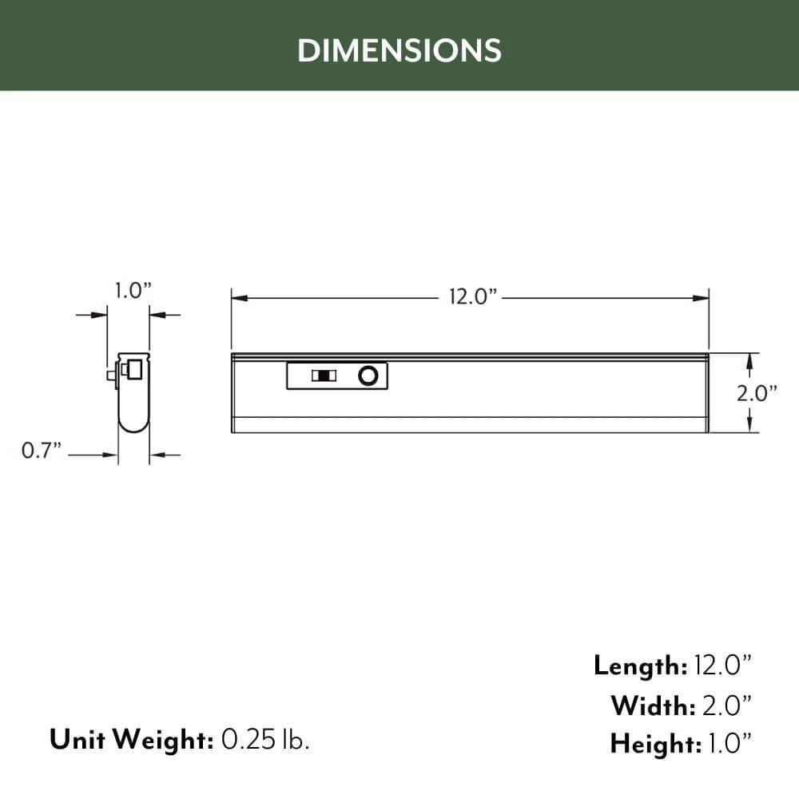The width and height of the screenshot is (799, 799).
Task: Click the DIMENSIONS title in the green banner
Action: tap(399, 50)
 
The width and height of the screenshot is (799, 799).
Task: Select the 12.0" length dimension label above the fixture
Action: tap(473, 297)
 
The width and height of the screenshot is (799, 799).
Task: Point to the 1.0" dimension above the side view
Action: tap(132, 289)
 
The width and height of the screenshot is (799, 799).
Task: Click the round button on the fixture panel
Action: tap(369, 376)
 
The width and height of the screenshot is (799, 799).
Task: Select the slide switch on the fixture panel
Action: tap(324, 376)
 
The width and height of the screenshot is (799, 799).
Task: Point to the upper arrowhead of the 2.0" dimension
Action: tap(749, 360)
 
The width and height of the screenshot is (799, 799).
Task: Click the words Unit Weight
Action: tap(131, 740)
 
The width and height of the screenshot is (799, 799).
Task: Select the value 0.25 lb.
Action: tap(264, 740)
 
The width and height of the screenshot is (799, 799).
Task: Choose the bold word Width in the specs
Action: tap(653, 706)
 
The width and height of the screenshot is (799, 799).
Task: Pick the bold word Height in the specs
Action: tap(655, 745)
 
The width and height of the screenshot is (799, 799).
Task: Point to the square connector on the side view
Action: tap(136, 368)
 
